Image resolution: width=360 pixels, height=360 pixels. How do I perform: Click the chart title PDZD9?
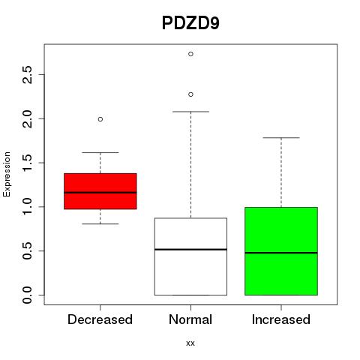click(190, 23)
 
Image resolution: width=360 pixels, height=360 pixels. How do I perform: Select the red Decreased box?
click(100, 191)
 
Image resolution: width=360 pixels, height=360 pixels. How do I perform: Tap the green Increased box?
click(281, 251)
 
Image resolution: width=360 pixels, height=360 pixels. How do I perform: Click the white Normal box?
click(190, 256)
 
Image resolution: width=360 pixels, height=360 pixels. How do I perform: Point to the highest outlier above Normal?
click(190, 54)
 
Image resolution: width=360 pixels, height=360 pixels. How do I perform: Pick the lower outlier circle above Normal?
click(190, 94)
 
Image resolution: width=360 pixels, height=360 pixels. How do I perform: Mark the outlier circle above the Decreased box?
click(100, 119)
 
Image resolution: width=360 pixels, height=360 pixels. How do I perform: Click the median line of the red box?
click(100, 193)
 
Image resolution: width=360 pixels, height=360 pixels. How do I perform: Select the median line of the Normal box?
click(190, 249)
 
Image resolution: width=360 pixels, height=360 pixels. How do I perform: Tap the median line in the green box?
click(281, 253)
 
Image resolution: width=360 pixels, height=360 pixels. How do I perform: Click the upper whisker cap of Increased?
click(281, 137)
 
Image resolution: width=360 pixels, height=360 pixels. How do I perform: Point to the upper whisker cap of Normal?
click(190, 112)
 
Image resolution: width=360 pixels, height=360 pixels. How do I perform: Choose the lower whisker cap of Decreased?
click(100, 223)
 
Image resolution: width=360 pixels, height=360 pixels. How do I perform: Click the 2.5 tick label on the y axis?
click(27, 74)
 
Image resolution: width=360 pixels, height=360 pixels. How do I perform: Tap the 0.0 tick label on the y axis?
click(27, 295)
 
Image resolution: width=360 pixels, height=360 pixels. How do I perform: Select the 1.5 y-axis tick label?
click(27, 163)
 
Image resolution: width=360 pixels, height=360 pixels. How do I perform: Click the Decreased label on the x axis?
click(100, 319)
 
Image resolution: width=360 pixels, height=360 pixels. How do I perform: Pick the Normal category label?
click(190, 319)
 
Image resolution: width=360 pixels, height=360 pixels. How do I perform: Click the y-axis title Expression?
click(7, 174)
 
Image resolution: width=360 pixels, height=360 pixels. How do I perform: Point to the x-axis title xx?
click(190, 343)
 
